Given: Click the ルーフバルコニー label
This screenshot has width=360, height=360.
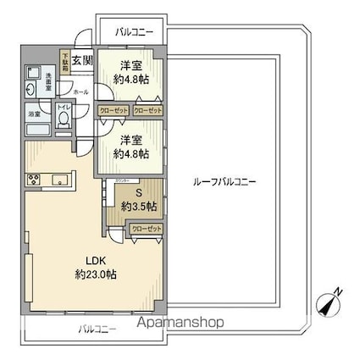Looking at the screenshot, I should pos(224,182).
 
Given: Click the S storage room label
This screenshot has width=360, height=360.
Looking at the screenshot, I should pos(138,191).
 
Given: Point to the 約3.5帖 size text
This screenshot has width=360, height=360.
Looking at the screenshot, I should pos(138,206).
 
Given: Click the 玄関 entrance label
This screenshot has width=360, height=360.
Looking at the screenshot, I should pos(82,61).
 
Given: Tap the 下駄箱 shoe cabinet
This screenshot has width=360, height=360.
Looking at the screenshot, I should pos(65,61).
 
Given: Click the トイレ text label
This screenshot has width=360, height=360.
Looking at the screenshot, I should pos(64,108).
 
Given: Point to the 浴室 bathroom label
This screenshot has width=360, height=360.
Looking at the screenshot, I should pos(35,114).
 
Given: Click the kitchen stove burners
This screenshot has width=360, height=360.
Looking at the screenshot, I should pos(36,179).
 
